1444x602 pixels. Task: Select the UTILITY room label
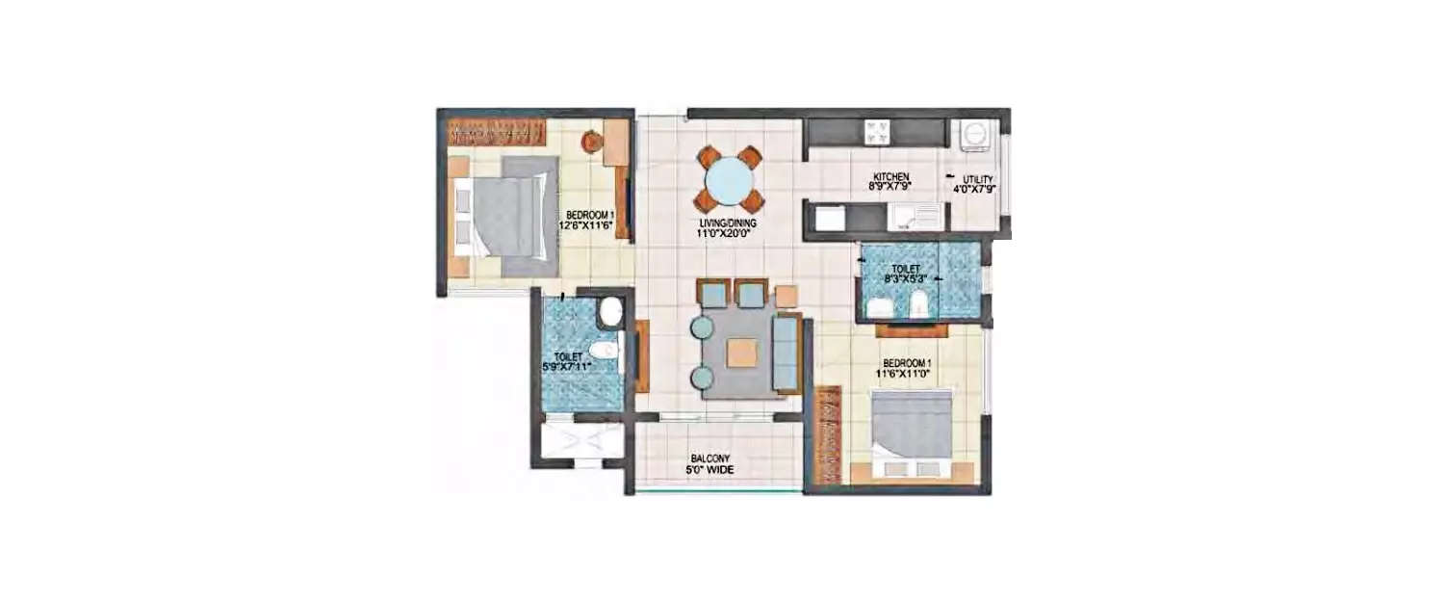pyautogui.click(x=977, y=179)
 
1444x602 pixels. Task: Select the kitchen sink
pyautogui.click(x=915, y=216)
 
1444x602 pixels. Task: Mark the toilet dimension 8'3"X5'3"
pyautogui.click(x=906, y=280)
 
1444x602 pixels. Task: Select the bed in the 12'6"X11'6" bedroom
pyautogui.click(x=505, y=217)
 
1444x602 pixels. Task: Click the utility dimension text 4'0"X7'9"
pyautogui.click(x=977, y=190)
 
